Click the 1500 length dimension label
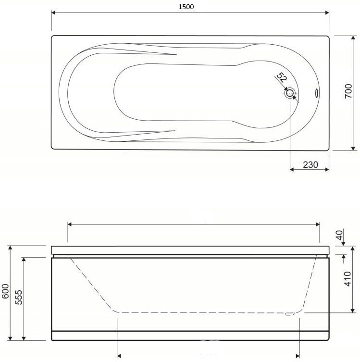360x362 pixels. point(186,7)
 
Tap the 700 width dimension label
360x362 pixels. point(348,91)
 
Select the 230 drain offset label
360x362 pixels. point(310,164)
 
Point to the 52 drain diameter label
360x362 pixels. point(282,77)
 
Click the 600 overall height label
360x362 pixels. point(6,291)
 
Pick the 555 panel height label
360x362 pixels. point(19,298)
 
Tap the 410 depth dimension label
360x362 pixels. point(348,279)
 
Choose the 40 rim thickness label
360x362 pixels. point(340,235)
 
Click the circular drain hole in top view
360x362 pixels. point(290,93)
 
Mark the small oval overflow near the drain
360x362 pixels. point(317,93)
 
